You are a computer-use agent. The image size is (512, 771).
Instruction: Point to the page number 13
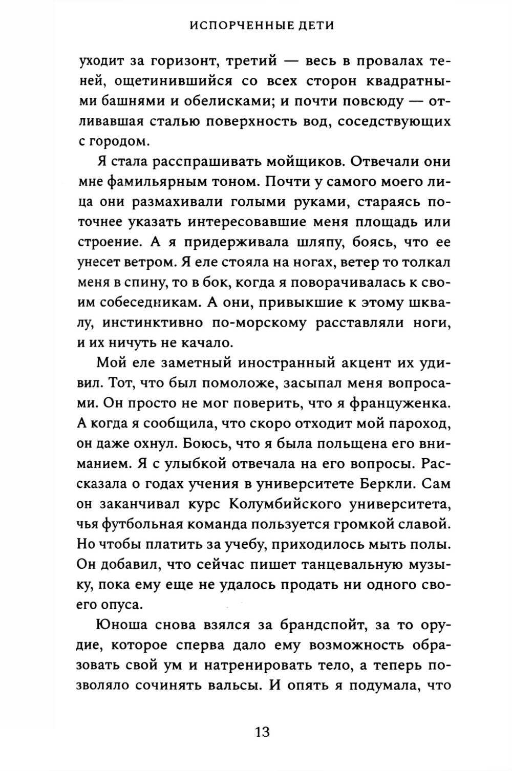click(x=262, y=732)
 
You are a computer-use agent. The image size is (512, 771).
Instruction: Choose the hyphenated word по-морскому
click(x=257, y=323)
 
